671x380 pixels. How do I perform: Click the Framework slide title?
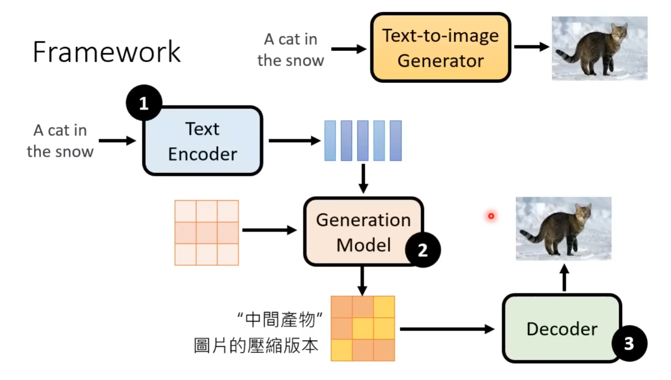coord(106,52)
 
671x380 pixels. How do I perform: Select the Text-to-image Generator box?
coord(440,48)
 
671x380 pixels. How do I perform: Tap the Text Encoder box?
coord(202,141)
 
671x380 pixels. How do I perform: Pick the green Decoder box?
coord(561,329)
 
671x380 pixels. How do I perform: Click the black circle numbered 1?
coord(144,103)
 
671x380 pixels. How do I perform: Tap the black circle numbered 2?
coord(423,250)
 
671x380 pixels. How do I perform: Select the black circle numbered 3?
coord(629,343)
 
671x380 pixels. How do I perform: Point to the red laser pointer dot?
coord(491,216)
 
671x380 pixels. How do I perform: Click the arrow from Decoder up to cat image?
coord(564,278)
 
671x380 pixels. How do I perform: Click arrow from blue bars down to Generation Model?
coord(363,178)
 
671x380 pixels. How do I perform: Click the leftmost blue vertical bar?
coord(330,141)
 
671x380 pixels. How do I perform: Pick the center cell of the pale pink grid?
coord(207,233)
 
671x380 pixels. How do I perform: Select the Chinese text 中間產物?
coord(280,320)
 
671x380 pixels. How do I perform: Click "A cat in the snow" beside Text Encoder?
coord(60,141)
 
